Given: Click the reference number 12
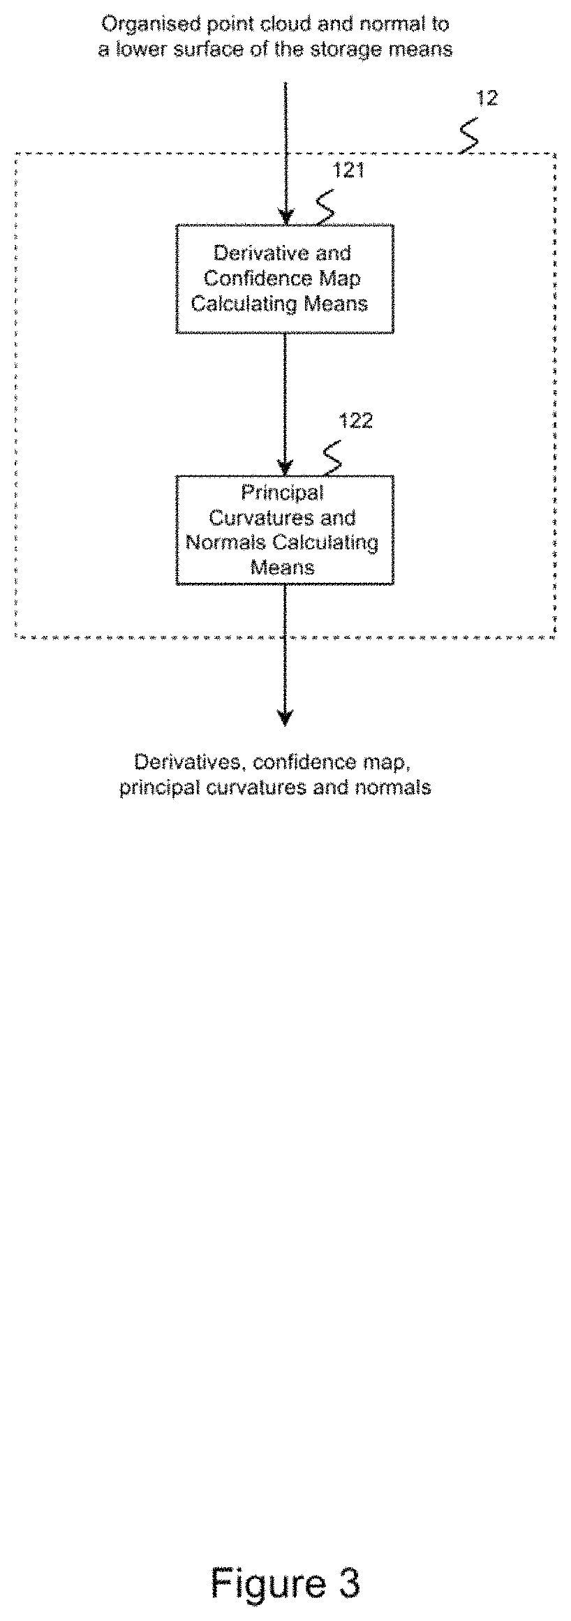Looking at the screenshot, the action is pos(487,98).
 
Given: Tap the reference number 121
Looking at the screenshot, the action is pos(348,170).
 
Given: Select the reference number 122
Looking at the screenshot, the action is pos(355,421).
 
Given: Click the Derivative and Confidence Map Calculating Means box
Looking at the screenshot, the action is pos(285,279).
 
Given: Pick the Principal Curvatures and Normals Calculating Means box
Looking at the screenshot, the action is pos(285,530).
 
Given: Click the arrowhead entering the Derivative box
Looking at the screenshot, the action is pos(285,216).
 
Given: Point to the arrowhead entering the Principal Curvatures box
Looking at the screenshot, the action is pos(285,468).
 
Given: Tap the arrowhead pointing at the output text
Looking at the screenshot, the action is pos(285,718).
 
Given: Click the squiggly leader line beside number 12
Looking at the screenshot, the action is pos(470,136).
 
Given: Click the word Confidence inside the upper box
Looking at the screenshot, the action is pos(249,279).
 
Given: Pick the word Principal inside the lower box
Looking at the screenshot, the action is pos(283,493).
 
